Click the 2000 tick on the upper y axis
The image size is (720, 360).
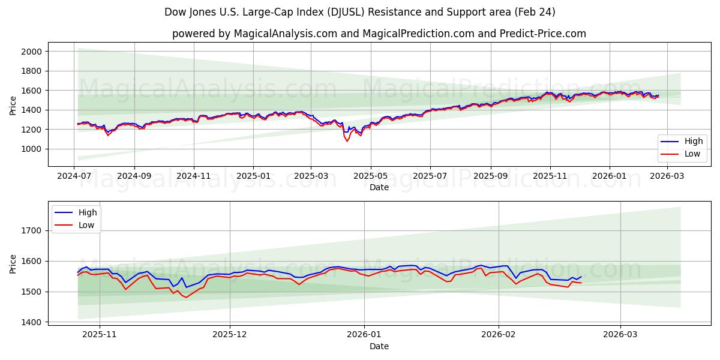coord(32,52)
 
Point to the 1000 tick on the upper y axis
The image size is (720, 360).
coord(32,149)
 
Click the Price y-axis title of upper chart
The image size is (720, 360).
coord(13,106)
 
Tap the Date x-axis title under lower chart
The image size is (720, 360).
coord(379,346)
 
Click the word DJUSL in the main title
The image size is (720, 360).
coord(344,12)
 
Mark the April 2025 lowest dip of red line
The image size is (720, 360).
coord(346,141)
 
